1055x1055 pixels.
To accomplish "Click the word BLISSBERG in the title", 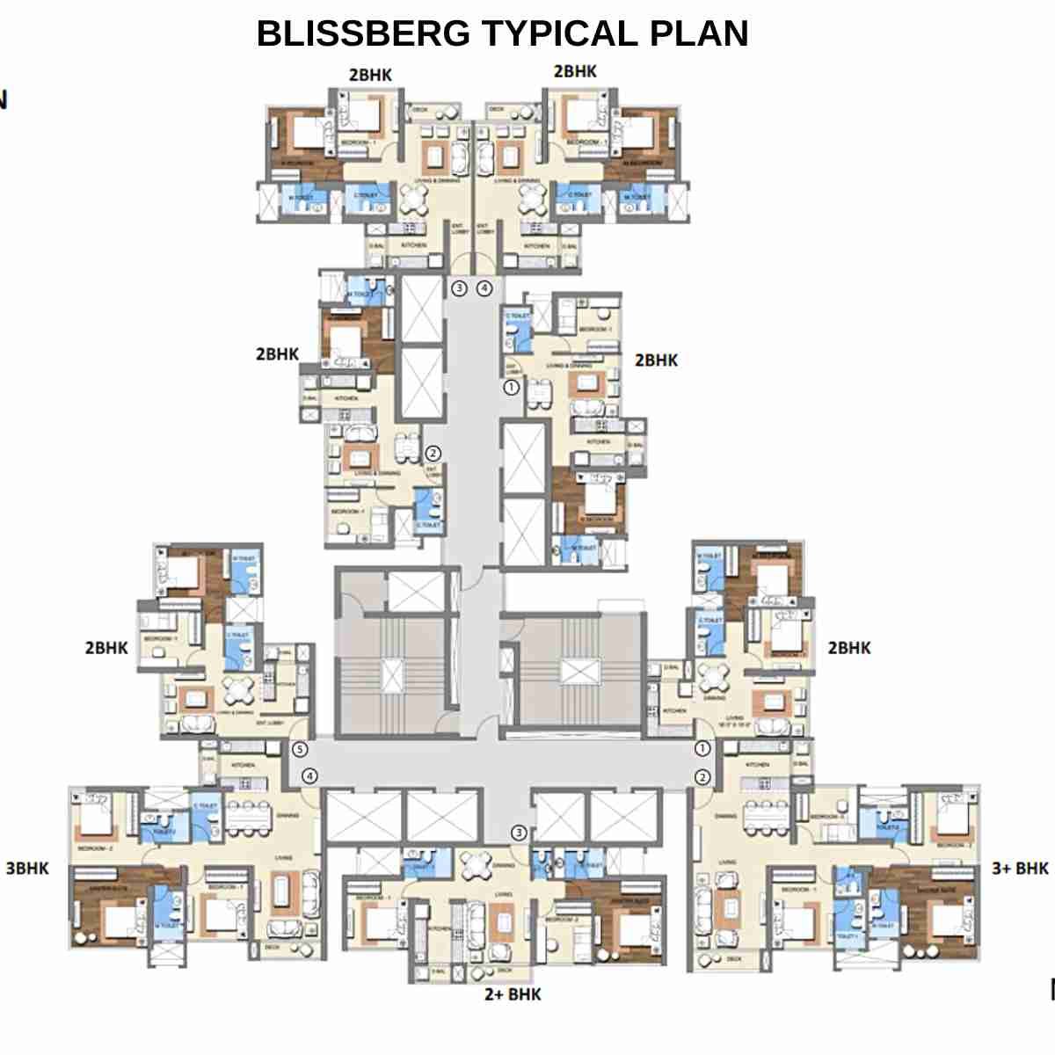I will [x=363, y=33].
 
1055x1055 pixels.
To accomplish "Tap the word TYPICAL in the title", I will [x=558, y=33].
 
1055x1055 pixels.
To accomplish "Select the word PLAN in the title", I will [x=699, y=33].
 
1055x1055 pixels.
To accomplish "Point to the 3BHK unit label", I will [x=27, y=869].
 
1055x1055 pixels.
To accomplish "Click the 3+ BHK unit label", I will [x=1020, y=869].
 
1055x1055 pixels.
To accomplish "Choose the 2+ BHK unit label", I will [x=513, y=994].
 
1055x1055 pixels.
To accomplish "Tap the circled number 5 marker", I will [x=300, y=750].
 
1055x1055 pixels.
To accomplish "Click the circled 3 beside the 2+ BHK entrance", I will [x=520, y=833].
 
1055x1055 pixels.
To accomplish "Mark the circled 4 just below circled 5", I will [x=309, y=776].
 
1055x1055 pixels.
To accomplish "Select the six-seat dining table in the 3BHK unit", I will [x=249, y=814].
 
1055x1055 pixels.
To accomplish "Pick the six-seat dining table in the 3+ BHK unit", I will [x=767, y=816].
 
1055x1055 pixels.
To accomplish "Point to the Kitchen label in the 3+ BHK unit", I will [x=757, y=765].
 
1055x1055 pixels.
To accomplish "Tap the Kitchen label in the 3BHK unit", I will [x=243, y=765].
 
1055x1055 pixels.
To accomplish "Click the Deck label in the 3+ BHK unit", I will [x=734, y=959].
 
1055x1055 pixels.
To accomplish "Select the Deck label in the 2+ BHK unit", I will [x=504, y=971].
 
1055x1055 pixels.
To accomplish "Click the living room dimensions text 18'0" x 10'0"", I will [x=733, y=724].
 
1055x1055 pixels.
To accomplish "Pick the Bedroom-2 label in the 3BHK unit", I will [x=95, y=848].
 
